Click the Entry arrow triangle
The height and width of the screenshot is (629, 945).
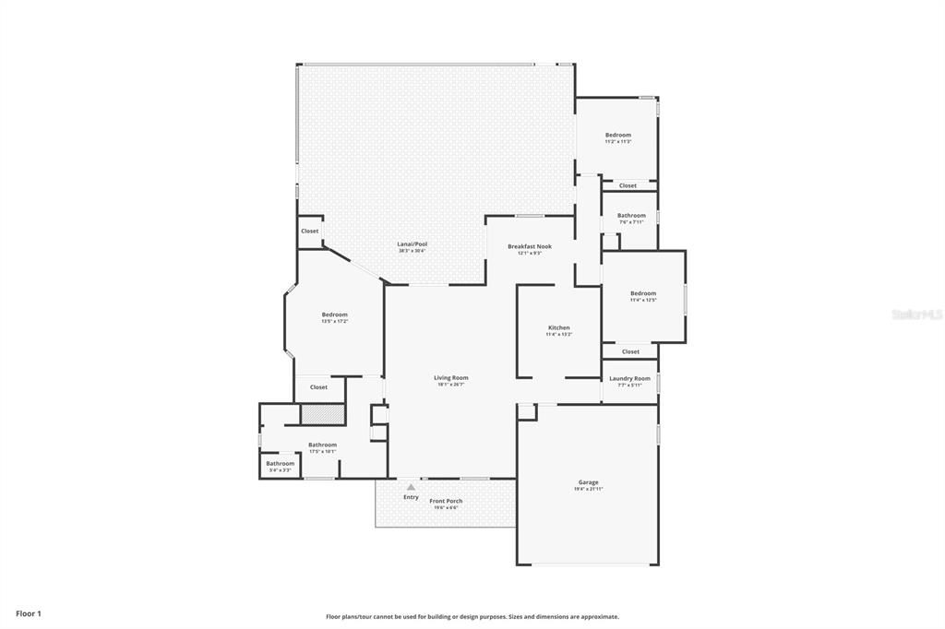(412, 486)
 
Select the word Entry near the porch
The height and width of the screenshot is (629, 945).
(411, 497)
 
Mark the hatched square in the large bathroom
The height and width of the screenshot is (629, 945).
(322, 414)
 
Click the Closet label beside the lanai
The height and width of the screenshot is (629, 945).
(309, 231)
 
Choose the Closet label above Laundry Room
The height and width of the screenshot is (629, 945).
(630, 351)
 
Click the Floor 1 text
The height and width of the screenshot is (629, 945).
(28, 612)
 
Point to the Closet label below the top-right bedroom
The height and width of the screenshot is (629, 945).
(628, 185)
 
